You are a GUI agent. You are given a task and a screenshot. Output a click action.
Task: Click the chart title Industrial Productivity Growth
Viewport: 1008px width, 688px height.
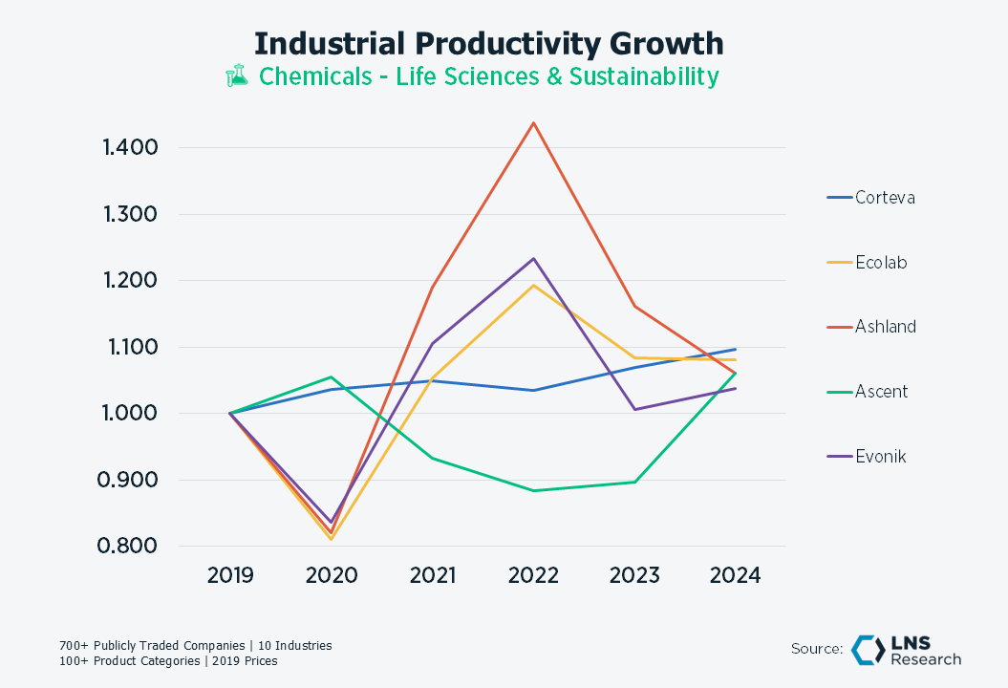488,44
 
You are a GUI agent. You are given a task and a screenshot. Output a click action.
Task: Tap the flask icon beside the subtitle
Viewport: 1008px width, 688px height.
236,76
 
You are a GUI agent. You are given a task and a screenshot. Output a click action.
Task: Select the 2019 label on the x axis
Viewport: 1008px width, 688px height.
230,575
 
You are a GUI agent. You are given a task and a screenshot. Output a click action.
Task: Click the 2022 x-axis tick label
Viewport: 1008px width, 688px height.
533,575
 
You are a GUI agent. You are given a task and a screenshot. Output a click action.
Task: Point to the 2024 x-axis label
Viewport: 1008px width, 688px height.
736,575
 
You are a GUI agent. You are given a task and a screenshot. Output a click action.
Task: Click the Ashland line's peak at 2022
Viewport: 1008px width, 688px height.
533,122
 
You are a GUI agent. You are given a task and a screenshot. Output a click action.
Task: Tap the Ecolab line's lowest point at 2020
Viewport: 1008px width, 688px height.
332,540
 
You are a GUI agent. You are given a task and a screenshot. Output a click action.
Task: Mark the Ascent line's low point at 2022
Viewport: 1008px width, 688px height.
533,491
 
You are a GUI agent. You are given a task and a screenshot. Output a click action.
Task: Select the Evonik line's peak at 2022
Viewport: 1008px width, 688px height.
533,258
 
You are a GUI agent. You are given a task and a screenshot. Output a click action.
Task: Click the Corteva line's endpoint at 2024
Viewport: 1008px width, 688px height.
736,349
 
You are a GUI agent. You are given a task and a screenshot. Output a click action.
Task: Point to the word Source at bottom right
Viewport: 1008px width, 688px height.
816,650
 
